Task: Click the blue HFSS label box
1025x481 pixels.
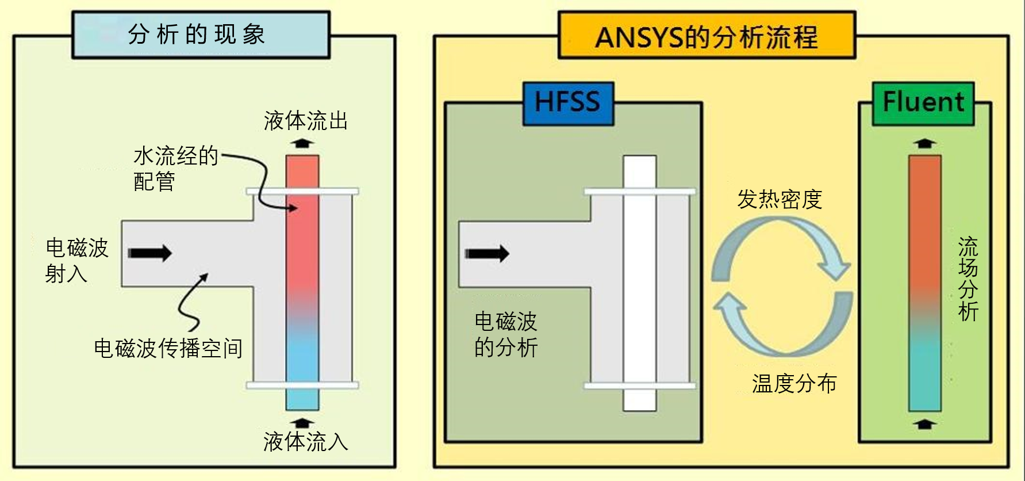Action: (568, 104)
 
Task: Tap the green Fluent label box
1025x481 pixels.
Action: (923, 104)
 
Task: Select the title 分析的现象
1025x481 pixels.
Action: (197, 35)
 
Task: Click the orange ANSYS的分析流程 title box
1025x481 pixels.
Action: (707, 35)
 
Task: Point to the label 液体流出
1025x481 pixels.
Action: (306, 121)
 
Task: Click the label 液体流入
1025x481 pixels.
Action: (306, 442)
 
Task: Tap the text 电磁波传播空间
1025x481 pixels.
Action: (168, 348)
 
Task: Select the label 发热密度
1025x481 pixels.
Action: (780, 200)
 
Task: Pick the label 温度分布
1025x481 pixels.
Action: (794, 383)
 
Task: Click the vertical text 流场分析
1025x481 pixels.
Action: (968, 279)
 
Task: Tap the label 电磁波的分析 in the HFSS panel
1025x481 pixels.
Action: (506, 335)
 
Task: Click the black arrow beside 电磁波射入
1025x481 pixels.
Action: (149, 253)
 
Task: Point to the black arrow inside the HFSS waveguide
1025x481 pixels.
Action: (487, 253)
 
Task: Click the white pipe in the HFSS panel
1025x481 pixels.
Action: (640, 283)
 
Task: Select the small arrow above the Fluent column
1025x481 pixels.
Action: (924, 143)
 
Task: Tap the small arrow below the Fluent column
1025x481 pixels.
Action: (924, 425)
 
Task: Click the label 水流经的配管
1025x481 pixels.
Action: (176, 169)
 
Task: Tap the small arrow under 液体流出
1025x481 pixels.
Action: (302, 142)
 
